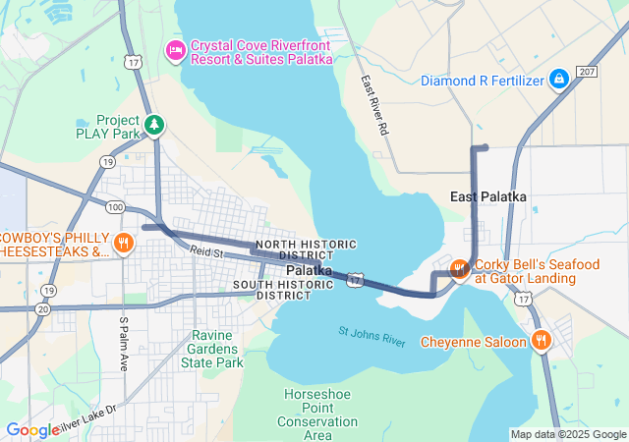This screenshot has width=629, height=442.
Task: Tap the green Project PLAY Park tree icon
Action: (x=153, y=125)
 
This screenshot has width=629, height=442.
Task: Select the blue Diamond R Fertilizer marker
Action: (x=558, y=78)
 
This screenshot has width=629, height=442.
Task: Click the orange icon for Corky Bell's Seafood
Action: (x=458, y=269)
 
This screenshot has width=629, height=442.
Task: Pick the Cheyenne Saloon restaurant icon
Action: (x=541, y=341)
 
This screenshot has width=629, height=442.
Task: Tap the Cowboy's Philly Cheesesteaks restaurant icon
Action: (x=123, y=243)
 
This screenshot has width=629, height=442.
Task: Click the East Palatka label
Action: (x=488, y=197)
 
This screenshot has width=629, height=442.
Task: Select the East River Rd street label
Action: (x=374, y=105)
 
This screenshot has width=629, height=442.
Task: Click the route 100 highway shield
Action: (x=116, y=206)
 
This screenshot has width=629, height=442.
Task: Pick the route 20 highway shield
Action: (x=42, y=308)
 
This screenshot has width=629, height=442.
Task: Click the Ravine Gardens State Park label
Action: (x=211, y=349)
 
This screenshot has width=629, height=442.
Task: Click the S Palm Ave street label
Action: (x=124, y=343)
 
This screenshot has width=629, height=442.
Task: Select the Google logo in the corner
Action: (x=31, y=430)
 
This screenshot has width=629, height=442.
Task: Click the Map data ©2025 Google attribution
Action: (x=567, y=434)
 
